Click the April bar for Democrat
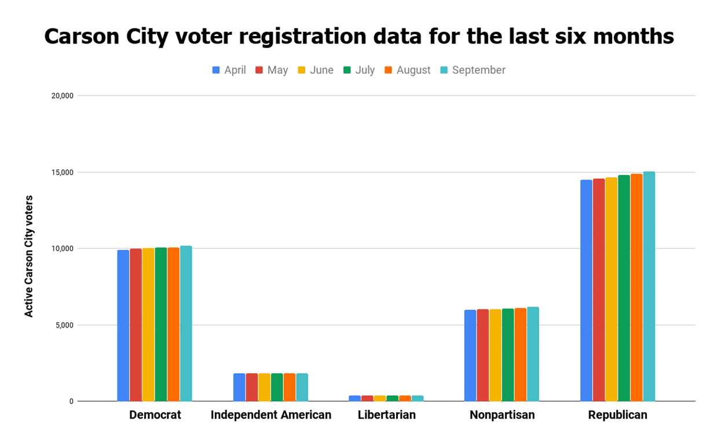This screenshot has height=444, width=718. pyautogui.click(x=123, y=325)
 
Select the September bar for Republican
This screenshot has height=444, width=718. pyautogui.click(x=649, y=286)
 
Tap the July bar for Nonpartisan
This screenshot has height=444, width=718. pyautogui.click(x=508, y=355)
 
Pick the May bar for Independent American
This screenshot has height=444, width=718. pyautogui.click(x=252, y=387)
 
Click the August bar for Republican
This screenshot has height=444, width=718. pyautogui.click(x=636, y=287)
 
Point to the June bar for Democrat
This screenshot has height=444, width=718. pyautogui.click(x=148, y=325)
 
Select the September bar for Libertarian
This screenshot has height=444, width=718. pyautogui.click(x=417, y=398)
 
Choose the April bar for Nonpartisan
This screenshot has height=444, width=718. pyautogui.click(x=470, y=355)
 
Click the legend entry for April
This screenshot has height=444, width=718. pyautogui.click(x=229, y=70)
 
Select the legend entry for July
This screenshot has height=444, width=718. pyautogui.click(x=358, y=70)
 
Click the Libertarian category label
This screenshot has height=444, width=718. pyautogui.click(x=386, y=415)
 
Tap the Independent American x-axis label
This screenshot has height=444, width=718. pyautogui.click(x=270, y=415)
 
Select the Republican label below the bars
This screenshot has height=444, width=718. pyautogui.click(x=617, y=415)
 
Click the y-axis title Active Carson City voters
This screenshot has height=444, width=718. pyautogui.click(x=29, y=256)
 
